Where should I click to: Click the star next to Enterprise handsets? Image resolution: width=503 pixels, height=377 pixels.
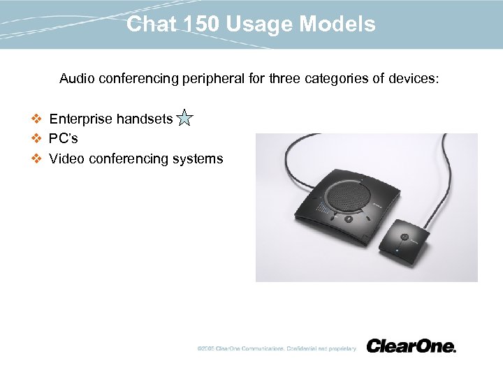point(184,118)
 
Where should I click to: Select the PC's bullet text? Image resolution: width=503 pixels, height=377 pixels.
point(64,138)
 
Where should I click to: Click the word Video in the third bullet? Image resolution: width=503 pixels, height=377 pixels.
point(65,158)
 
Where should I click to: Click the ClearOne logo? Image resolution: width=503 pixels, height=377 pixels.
point(411,346)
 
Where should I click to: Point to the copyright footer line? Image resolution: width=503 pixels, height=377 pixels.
point(276,348)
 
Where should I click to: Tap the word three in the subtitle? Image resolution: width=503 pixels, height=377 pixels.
point(286,79)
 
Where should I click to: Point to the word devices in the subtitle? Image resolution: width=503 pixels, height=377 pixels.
point(414,79)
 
